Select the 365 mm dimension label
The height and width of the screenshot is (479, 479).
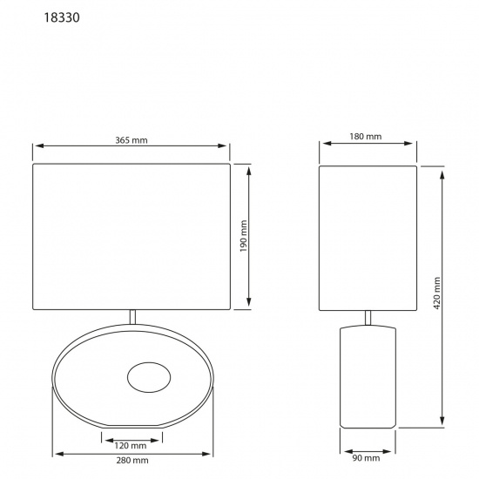click(131, 140)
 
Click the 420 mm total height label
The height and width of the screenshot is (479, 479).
click(438, 295)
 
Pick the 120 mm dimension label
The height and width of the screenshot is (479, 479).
click(131, 445)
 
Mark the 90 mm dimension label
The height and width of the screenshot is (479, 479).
click(367, 458)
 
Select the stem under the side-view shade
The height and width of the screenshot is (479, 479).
click(367, 319)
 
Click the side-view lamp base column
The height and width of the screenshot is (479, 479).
click(367, 376)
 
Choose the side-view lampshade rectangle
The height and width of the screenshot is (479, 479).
click(366, 237)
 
